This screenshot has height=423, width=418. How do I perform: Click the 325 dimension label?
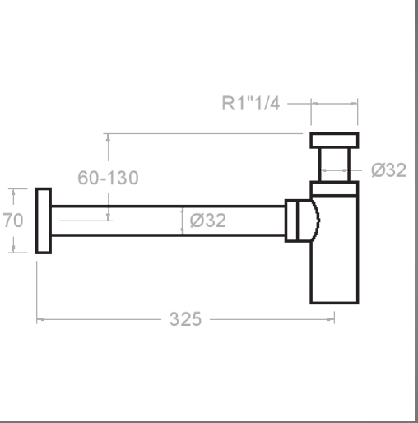(x=185, y=319)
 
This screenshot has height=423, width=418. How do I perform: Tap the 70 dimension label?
(x=13, y=221)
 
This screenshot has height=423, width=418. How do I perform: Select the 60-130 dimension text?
(x=108, y=178)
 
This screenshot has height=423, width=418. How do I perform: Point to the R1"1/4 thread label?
(x=250, y=104)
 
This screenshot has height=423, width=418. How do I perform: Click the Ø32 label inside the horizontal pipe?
(x=208, y=221)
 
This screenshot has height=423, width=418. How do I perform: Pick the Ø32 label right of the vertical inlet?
(x=388, y=170)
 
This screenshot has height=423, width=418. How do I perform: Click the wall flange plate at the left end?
(x=44, y=221)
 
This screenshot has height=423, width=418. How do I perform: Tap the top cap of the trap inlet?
(x=334, y=141)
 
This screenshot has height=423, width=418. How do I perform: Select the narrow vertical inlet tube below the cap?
(x=334, y=165)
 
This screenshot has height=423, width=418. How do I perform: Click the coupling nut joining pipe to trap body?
(x=291, y=221)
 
